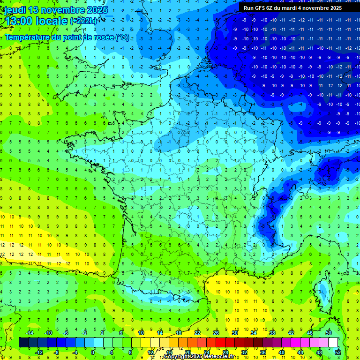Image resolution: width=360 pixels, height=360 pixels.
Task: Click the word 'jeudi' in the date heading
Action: (x=15, y=10)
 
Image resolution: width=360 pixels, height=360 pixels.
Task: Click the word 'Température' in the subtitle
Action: (x=30, y=37)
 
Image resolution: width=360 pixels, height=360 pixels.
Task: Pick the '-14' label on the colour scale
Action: (x=29, y=332)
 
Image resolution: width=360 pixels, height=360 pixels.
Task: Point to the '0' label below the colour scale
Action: (x=93, y=352)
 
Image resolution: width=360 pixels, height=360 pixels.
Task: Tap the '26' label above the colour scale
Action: (x=216, y=332)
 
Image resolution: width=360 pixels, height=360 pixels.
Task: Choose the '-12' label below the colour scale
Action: (x=39, y=352)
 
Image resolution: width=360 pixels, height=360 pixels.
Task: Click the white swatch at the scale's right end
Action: (x=333, y=342)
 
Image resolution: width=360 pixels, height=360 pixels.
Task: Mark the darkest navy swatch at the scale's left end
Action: (x=23, y=342)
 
